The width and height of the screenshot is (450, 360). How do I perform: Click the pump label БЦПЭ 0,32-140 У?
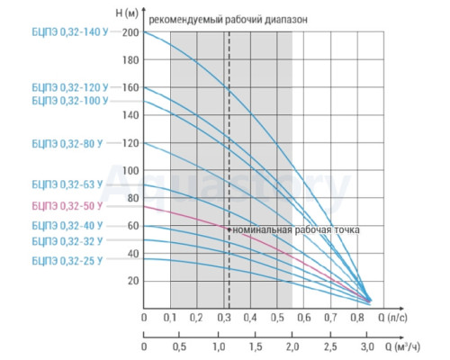(x=70, y=32)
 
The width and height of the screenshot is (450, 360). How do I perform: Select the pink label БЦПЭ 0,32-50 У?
(x=67, y=206)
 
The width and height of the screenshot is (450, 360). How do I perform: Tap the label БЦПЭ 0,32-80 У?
(x=67, y=144)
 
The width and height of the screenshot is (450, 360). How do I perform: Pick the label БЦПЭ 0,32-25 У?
(x=67, y=261)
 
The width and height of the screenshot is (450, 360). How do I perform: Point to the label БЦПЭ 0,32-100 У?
(x=70, y=101)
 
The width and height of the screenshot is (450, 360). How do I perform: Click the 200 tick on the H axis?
(x=130, y=32)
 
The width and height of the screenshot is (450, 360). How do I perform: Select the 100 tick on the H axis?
(x=130, y=171)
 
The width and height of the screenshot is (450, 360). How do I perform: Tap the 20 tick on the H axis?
(x=133, y=281)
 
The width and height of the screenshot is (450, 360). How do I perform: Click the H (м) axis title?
(x=127, y=13)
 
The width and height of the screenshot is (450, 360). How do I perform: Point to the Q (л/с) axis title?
(x=392, y=318)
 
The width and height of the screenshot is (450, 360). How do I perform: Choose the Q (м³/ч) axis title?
(x=402, y=346)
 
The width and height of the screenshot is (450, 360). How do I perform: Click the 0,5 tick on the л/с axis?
(x=277, y=318)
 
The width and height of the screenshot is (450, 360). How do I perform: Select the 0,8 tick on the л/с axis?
(x=357, y=318)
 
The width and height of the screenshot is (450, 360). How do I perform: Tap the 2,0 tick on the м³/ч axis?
(x=292, y=346)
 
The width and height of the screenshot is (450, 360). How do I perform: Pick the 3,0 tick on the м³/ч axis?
(x=367, y=346)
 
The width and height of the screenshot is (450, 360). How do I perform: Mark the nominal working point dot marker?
(x=229, y=229)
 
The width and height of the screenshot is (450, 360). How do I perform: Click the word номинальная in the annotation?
(x=263, y=230)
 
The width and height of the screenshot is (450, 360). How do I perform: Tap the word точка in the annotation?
(x=345, y=230)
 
